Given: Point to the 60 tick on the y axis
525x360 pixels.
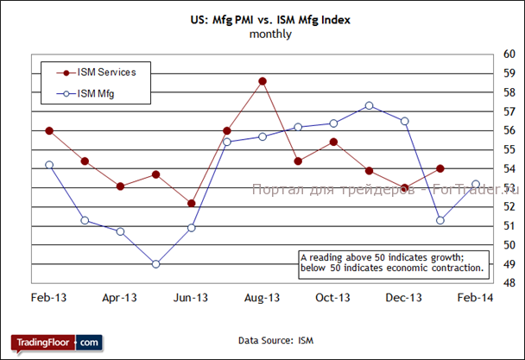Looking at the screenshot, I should [x=509, y=54].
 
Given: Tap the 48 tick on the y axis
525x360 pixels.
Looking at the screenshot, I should [x=509, y=283].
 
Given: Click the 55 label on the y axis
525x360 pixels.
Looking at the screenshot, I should [x=509, y=149].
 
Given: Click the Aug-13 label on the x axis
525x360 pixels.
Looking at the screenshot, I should [x=262, y=298].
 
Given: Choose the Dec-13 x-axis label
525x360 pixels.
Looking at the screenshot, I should [x=404, y=298].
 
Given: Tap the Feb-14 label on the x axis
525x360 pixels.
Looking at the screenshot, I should [x=475, y=298].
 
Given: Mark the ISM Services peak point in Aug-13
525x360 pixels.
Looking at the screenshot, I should [x=262, y=81].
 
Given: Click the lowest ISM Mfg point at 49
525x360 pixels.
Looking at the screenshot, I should [x=155, y=264].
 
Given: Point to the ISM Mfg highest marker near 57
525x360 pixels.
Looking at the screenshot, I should [x=369, y=105].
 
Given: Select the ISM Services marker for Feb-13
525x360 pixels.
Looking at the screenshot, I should [x=49, y=130].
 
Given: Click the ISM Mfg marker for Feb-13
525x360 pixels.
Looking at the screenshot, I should [x=49, y=164].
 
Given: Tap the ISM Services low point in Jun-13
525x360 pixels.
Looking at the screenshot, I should [x=191, y=204].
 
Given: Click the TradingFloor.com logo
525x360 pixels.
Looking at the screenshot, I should [x=57, y=342].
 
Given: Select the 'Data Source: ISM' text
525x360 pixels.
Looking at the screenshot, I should [x=269, y=342].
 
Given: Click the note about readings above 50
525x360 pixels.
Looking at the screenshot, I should [x=390, y=262].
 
